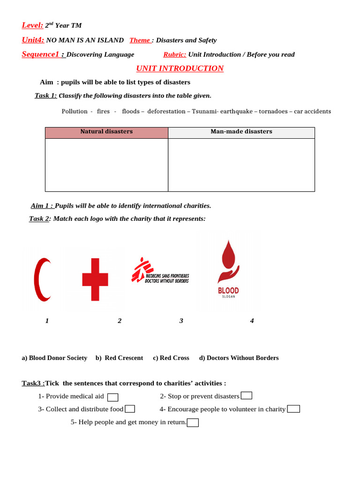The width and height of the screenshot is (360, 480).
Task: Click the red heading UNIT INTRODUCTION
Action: [x=180, y=68]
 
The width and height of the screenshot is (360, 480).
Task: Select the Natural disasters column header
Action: [x=106, y=132]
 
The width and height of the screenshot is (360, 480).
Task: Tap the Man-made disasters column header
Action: [x=241, y=132]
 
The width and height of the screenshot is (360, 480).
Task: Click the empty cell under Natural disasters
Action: [x=106, y=165]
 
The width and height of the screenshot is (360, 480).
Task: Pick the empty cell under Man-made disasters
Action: [x=241, y=165]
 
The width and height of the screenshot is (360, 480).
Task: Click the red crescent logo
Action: [x=42, y=280]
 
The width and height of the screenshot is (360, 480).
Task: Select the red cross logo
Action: [x=95, y=279]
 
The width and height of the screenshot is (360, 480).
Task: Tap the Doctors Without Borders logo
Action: [x=160, y=271]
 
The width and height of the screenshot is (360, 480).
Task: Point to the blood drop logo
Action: [x=228, y=269]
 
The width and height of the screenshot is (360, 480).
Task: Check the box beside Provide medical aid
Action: [x=112, y=397]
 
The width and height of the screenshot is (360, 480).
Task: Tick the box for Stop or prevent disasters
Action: [x=246, y=396]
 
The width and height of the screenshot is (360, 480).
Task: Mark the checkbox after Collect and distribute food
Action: [x=130, y=409]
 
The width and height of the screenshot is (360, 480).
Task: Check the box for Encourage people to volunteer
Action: [x=293, y=409]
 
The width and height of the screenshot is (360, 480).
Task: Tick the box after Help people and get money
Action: [x=193, y=423]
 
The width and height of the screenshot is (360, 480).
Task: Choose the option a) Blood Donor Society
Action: [x=54, y=358]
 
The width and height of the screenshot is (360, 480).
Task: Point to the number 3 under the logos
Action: [x=181, y=321]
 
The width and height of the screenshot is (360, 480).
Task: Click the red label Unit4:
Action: [x=33, y=40]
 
